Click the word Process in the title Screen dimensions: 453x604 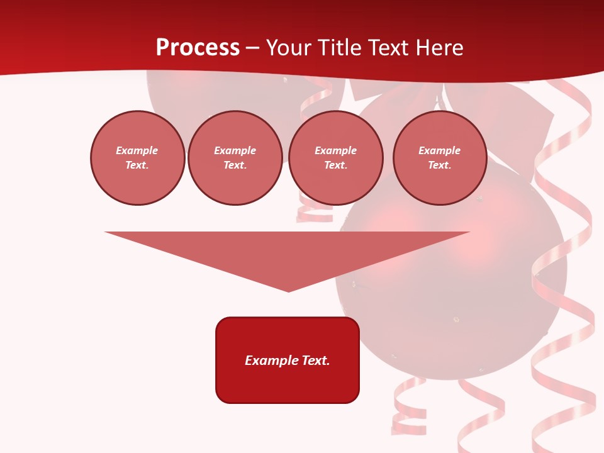pos(198,48)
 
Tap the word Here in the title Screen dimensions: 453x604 pos(439,48)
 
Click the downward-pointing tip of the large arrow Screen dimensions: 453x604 pos(288,289)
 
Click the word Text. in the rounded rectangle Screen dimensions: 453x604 pos(316,361)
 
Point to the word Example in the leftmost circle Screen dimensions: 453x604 pos(137,150)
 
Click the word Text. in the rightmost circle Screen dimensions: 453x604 pos(440,165)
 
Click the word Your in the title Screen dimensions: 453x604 pos(288,48)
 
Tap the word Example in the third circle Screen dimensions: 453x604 pos(335,150)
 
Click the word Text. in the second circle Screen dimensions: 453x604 pos(235,165)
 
